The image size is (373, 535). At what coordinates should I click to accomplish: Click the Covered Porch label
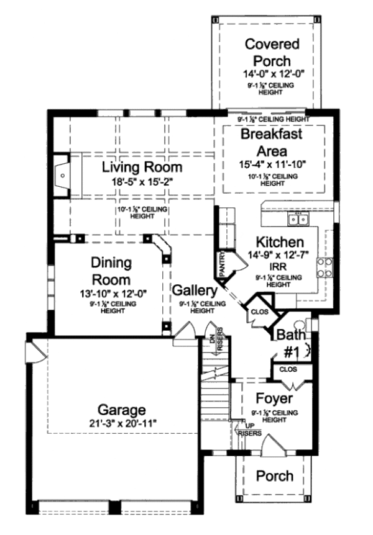[272, 52]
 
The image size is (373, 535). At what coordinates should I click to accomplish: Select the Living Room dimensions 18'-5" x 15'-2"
[142, 183]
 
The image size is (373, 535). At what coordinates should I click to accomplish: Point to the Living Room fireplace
[63, 176]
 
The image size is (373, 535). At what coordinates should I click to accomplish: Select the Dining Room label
[111, 271]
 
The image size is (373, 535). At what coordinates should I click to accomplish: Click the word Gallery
[195, 290]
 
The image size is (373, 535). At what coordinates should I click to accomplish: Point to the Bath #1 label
[291, 343]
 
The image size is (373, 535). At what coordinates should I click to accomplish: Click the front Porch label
[275, 476]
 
